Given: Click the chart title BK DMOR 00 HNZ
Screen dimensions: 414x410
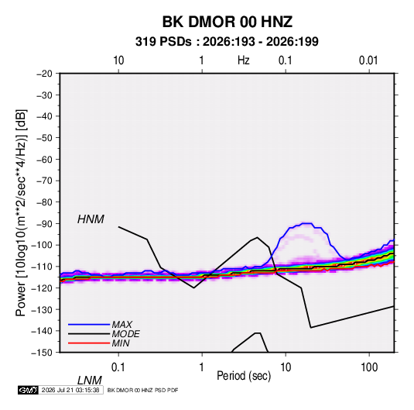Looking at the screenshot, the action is [x=228, y=22].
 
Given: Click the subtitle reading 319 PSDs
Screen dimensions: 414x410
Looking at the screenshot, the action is [x=163, y=42].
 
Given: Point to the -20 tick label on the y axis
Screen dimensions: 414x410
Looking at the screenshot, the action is [x=44, y=74].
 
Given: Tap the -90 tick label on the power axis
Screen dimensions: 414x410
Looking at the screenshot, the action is [x=44, y=223].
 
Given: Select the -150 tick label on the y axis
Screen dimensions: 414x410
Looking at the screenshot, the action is [x=42, y=353].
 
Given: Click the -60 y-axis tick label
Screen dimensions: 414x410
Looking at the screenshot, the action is [x=44, y=159].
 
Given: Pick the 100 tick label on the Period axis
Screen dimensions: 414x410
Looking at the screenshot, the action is [x=369, y=367].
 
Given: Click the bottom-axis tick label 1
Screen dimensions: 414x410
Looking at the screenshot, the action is [x=202, y=367].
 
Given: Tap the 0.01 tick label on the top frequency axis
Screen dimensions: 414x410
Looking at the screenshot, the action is [x=368, y=60].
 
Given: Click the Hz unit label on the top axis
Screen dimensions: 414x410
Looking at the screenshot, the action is [x=244, y=60].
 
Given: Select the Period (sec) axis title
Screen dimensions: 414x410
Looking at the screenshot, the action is [x=244, y=376].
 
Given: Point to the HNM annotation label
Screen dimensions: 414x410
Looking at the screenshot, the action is [x=91, y=219].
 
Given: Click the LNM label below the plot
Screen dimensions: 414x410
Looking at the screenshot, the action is [x=89, y=381].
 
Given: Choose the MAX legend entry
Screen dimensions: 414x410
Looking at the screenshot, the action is [x=121, y=324].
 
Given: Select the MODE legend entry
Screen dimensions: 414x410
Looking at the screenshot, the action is [x=125, y=334].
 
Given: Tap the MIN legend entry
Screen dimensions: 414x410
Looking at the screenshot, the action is [x=121, y=343].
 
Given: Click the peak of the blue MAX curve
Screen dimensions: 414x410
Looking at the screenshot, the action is [x=307, y=223].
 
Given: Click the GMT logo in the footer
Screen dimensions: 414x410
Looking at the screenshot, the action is [x=29, y=390].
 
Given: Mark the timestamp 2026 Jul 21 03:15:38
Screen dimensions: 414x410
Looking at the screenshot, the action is [x=70, y=390].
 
